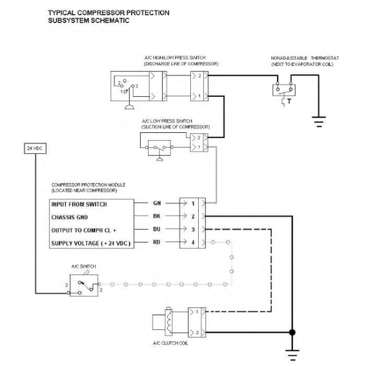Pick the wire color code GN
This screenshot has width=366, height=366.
click(157, 203)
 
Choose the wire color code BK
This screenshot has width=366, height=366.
click(157, 216)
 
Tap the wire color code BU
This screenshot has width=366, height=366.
click(157, 229)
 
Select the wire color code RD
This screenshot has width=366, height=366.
click(157, 243)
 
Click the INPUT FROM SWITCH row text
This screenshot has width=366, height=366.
click(79, 204)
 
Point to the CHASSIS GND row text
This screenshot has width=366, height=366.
click(69, 217)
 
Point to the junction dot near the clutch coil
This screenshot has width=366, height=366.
click(292, 331)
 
